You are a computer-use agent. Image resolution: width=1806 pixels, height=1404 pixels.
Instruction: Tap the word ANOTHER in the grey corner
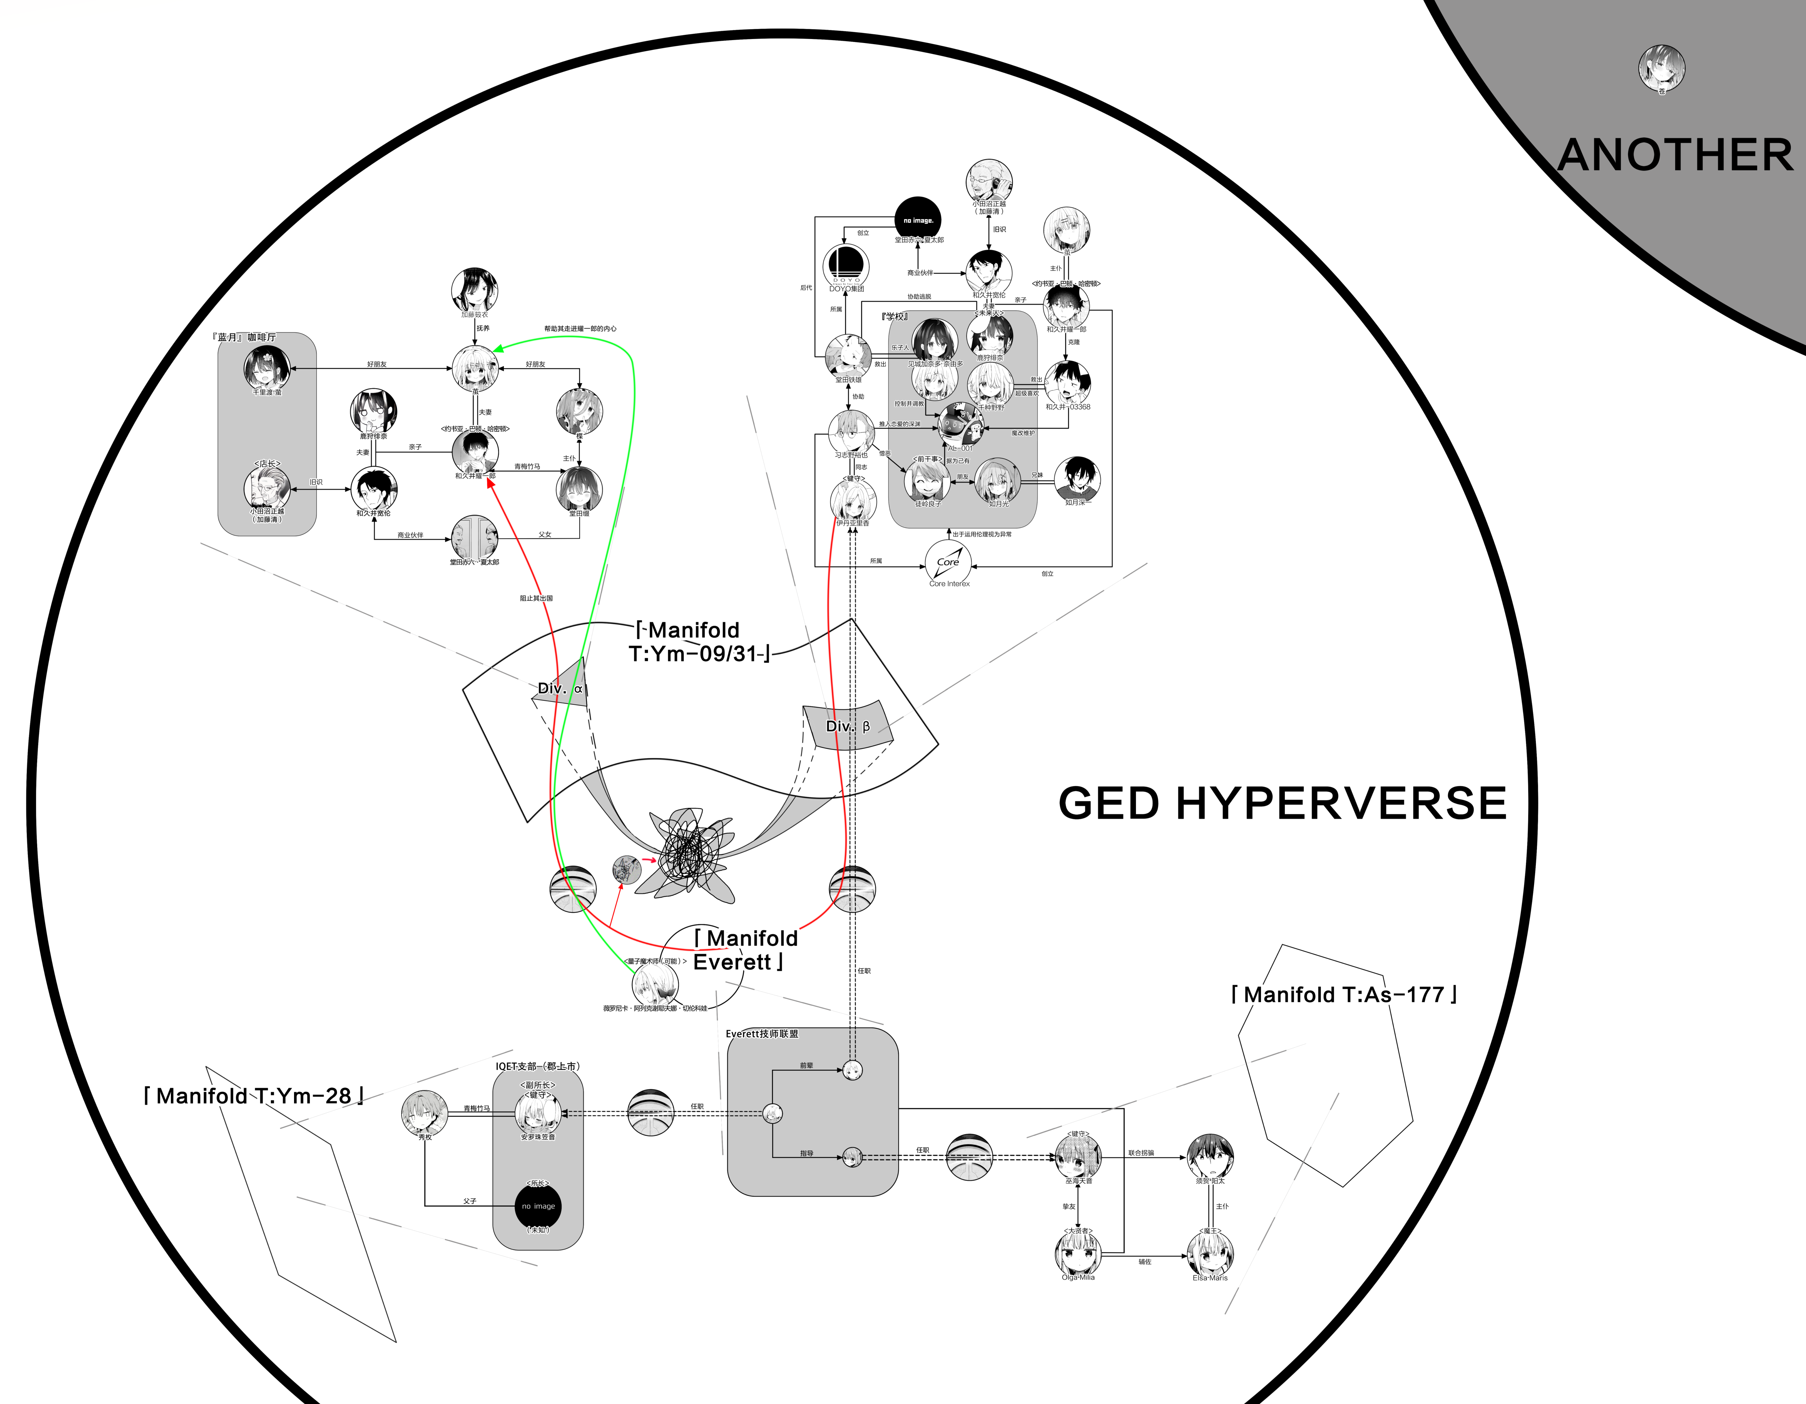1675,155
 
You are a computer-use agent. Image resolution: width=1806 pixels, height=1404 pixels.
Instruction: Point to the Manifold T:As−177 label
1344,995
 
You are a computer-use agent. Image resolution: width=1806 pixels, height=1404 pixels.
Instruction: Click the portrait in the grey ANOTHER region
1661,68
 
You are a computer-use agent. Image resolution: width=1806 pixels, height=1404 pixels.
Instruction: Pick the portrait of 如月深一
1077,478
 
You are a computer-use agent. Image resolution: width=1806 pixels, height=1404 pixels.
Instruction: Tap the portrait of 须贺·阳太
1210,1156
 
